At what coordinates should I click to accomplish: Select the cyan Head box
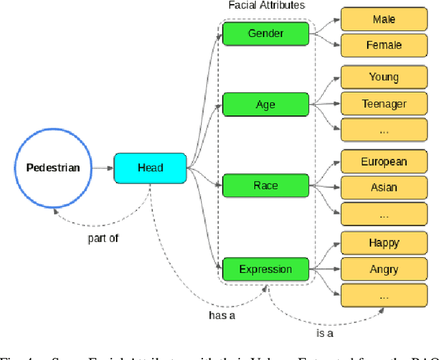tap(150, 168)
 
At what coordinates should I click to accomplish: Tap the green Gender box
tap(265, 34)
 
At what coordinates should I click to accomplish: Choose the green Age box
tap(265, 104)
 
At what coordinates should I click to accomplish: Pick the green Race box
tap(265, 185)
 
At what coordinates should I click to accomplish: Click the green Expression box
tap(265, 269)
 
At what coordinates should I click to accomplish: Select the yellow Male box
tap(383, 19)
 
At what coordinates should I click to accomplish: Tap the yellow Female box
tap(383, 45)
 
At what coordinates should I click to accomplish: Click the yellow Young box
tap(383, 77)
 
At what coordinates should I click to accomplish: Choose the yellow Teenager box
tap(383, 104)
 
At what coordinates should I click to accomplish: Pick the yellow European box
tap(383, 162)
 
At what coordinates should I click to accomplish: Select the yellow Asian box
tap(383, 187)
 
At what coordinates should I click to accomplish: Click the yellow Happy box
tap(383, 243)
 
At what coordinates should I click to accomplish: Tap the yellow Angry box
tap(383, 269)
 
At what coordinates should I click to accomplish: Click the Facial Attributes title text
tap(266, 5)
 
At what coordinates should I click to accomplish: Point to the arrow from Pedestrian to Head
tap(102, 168)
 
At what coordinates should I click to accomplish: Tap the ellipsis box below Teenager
tap(383, 130)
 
